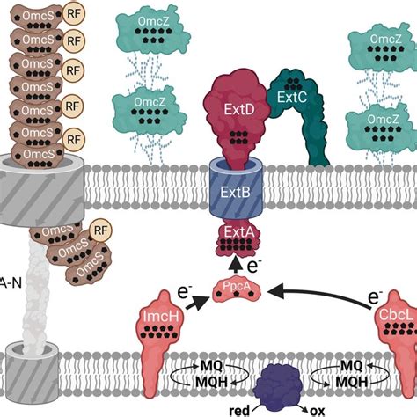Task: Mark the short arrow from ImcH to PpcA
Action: click(197, 300)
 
